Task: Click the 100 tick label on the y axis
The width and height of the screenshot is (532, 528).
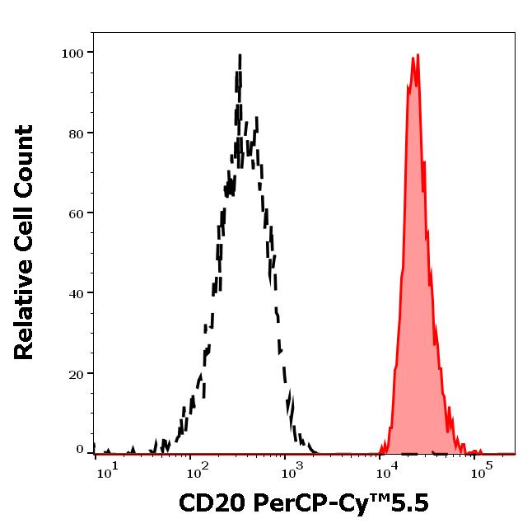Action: click(x=73, y=54)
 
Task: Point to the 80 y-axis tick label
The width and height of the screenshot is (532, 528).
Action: click(x=76, y=133)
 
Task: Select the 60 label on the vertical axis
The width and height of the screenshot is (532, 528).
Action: click(x=76, y=213)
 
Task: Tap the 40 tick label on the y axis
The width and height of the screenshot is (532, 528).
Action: click(x=76, y=293)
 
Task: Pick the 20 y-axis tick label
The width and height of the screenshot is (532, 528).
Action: click(x=76, y=373)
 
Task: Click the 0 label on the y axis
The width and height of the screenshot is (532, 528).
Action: click(x=80, y=449)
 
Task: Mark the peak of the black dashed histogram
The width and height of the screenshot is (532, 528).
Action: click(x=239, y=56)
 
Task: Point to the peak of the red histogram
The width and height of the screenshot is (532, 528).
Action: click(x=418, y=56)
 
